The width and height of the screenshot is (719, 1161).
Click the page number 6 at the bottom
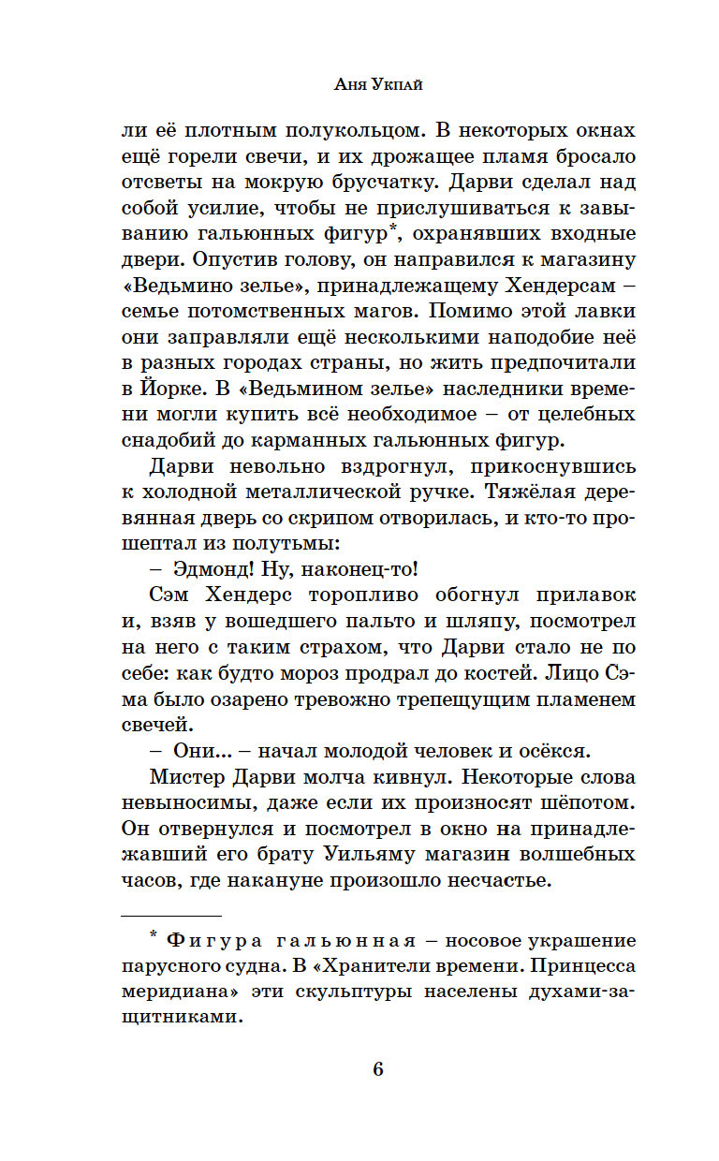378,1070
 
